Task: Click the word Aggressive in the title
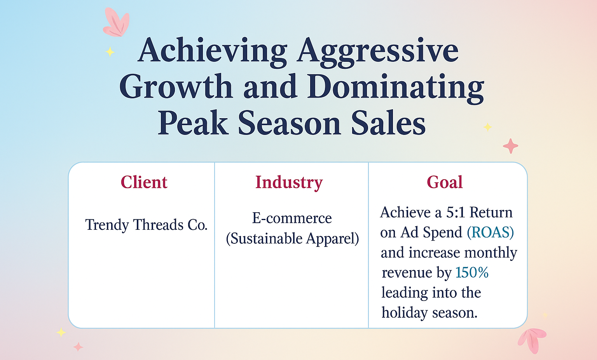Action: (378, 52)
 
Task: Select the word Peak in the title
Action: (193, 123)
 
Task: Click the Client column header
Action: (144, 182)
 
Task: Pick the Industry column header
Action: (289, 183)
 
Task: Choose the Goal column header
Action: (445, 182)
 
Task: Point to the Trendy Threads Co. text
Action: (146, 225)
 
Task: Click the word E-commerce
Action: (292, 218)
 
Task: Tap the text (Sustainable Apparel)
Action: (292, 238)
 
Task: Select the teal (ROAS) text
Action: (490, 232)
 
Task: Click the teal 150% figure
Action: (472, 273)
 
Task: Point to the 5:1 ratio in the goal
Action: (456, 213)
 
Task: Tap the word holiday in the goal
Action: (405, 313)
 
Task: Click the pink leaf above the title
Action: (117, 23)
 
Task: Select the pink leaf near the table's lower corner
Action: (532, 340)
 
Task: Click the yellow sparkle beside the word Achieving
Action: (110, 52)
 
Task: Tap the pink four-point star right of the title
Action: (510, 146)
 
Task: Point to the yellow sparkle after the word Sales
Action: (487, 127)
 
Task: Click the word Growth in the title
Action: (176, 87)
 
